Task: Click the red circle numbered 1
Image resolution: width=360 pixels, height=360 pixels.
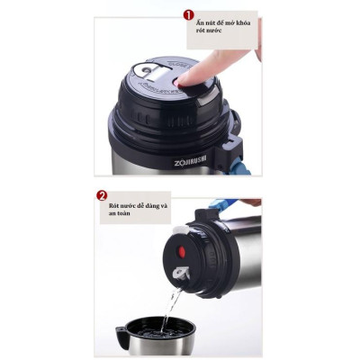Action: coord(189,15)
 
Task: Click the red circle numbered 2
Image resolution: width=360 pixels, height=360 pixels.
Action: coord(103,195)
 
